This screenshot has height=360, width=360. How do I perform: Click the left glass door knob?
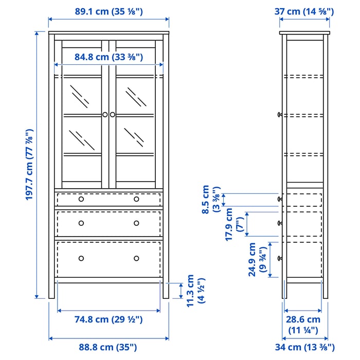coord(105,115)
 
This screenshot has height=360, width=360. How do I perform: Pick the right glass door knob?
coord(113,115)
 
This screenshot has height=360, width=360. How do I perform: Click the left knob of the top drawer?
coord(81,199)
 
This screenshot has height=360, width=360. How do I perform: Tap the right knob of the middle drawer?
coord(136,223)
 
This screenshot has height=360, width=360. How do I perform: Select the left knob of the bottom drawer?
coord(81,258)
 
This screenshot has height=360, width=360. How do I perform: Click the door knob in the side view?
coord(279,115)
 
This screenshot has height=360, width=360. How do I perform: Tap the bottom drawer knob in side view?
coord(279,258)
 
